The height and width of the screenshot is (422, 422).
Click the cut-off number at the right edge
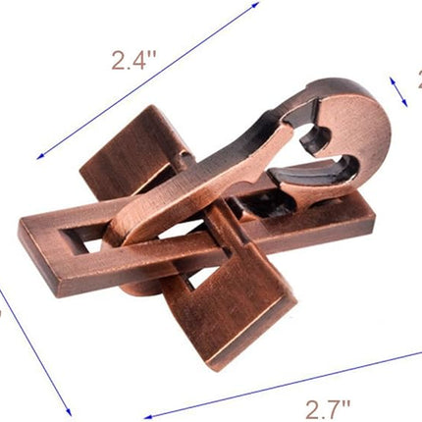click(x=417, y=83)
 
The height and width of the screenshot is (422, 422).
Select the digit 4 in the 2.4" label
click(x=144, y=61)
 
